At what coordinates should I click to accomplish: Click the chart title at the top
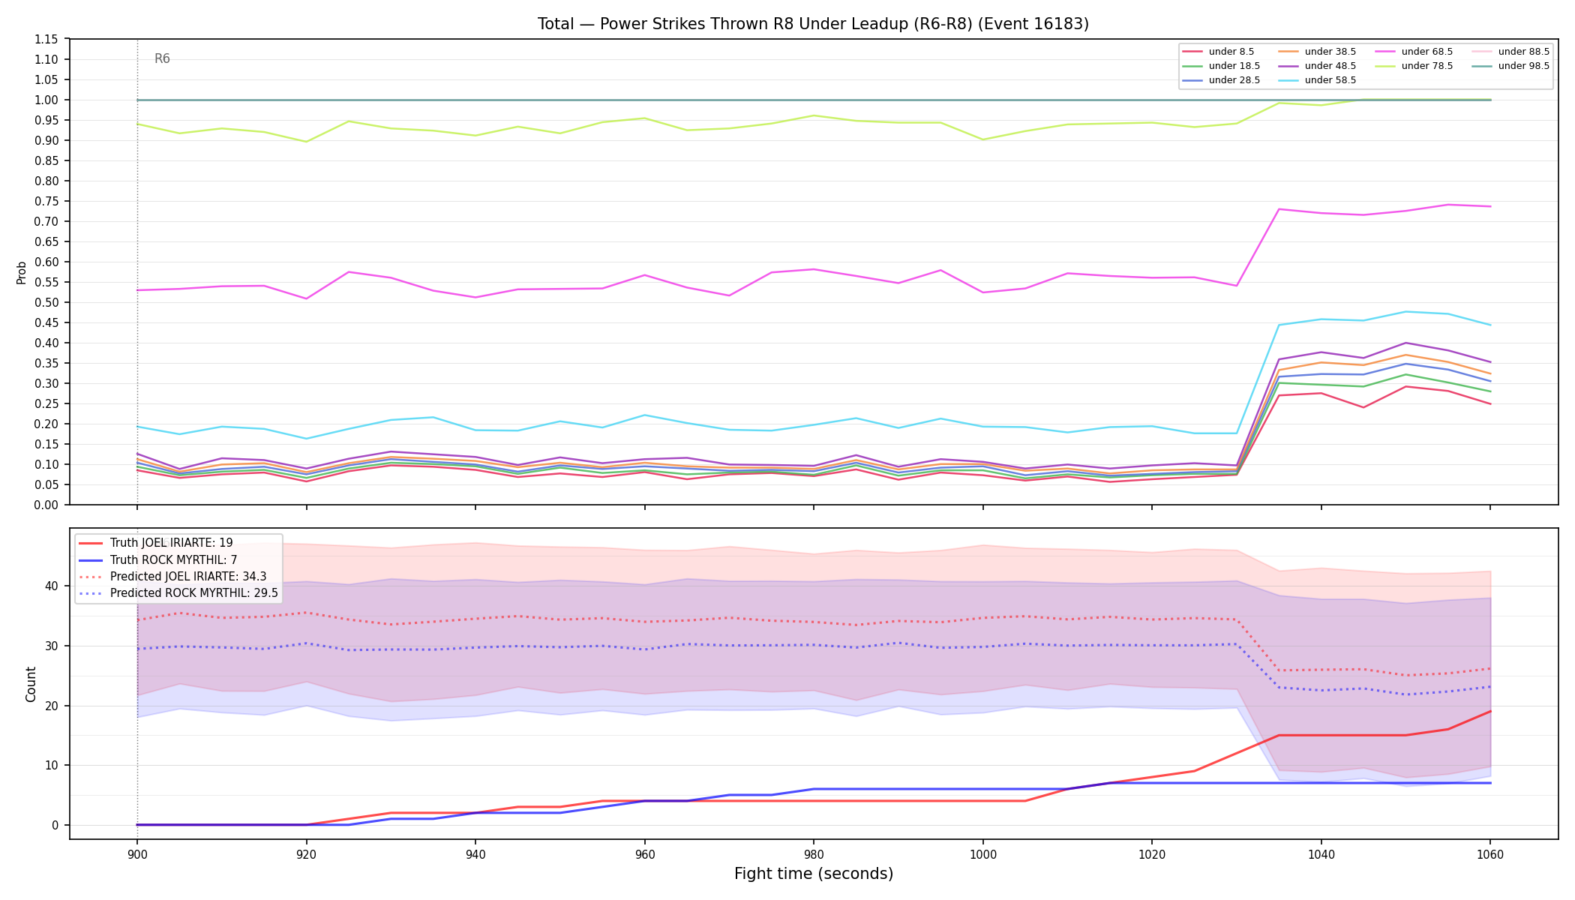pyautogui.click(x=813, y=24)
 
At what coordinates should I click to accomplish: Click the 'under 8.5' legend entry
pyautogui.click(x=1218, y=52)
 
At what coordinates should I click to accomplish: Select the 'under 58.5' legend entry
pyautogui.click(x=1317, y=80)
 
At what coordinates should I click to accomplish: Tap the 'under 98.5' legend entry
pyautogui.click(x=1510, y=66)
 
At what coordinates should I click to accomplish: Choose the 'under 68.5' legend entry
pyautogui.click(x=1414, y=52)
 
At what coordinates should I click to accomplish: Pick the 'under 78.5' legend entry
pyautogui.click(x=1414, y=66)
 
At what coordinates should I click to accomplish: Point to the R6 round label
pyautogui.click(x=162, y=58)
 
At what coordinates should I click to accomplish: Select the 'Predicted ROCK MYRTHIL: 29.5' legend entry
pyautogui.click(x=178, y=593)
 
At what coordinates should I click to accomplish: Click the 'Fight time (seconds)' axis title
pyautogui.click(x=814, y=874)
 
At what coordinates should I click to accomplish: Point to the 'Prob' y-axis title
pyautogui.click(x=22, y=272)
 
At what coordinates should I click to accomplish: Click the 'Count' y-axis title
pyautogui.click(x=31, y=684)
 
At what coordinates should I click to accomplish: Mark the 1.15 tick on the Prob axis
pyautogui.click(x=46, y=39)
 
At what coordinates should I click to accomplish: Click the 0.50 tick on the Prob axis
pyautogui.click(x=46, y=302)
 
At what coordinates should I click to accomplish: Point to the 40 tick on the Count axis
pyautogui.click(x=52, y=586)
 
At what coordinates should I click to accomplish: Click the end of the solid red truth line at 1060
pyautogui.click(x=1489, y=711)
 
